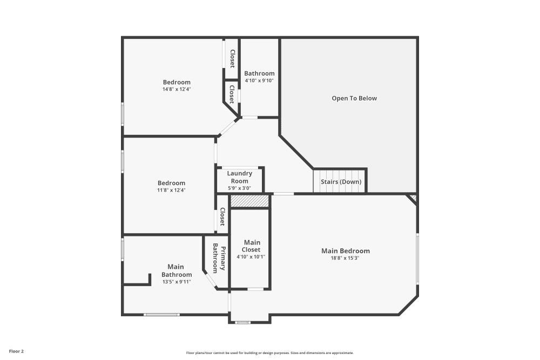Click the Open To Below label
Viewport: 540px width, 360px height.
point(354,98)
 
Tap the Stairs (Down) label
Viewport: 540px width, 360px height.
point(341,182)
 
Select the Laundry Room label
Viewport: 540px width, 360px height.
point(239,177)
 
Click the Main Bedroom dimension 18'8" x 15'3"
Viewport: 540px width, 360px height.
point(345,258)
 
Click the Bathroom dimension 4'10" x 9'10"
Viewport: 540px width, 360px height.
point(259,80)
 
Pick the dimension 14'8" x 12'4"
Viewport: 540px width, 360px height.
point(177,89)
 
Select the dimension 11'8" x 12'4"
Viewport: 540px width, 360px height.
point(171,190)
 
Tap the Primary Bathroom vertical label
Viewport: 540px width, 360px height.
point(218,258)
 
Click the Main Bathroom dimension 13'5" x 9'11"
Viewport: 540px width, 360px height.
point(175,282)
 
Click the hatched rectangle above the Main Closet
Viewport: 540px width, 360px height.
point(249,201)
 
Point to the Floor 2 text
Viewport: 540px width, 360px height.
point(16,351)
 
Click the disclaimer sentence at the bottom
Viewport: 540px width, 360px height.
point(269,352)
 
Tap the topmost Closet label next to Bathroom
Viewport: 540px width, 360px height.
point(232,59)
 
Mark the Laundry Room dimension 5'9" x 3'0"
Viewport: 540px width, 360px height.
point(239,188)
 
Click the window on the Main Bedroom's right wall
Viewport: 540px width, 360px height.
point(417,258)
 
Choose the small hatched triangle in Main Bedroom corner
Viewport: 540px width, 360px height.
point(413,199)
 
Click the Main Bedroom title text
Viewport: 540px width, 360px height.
point(345,250)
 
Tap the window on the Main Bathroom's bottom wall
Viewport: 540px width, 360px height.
point(161,314)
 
